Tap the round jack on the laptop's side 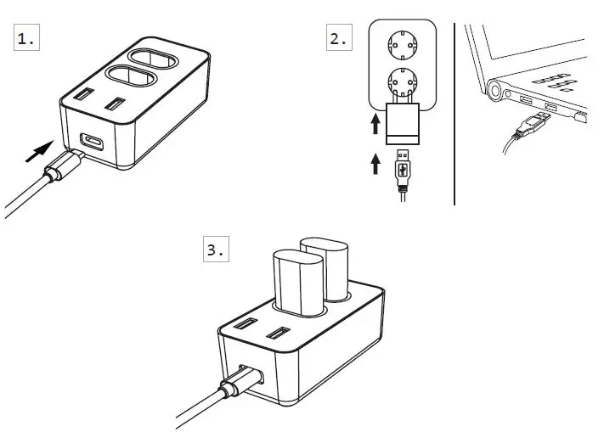(497, 90)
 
